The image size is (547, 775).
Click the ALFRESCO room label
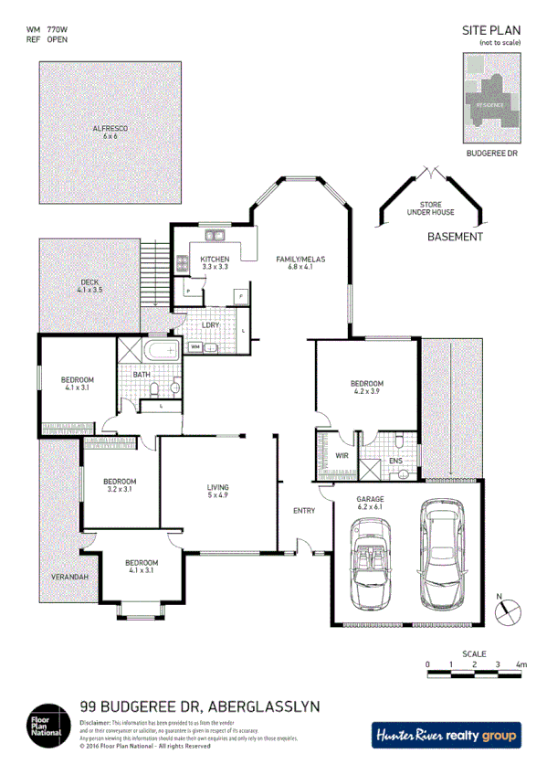click(x=110, y=129)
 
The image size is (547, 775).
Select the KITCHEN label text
click(x=215, y=260)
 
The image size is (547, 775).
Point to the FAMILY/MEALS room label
click(x=300, y=260)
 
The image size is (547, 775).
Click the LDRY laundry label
click(x=210, y=324)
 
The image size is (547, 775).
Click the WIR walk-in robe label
click(x=342, y=454)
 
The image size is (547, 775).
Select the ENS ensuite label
click(x=395, y=462)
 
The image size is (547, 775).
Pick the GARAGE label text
click(x=370, y=500)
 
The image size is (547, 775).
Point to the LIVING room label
click(x=217, y=488)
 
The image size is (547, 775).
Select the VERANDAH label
click(x=68, y=579)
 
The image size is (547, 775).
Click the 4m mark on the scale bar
click(x=521, y=664)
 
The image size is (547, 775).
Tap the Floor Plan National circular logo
click(x=47, y=724)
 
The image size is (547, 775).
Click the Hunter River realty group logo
click(x=446, y=734)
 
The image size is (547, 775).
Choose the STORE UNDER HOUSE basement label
click(x=430, y=209)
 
